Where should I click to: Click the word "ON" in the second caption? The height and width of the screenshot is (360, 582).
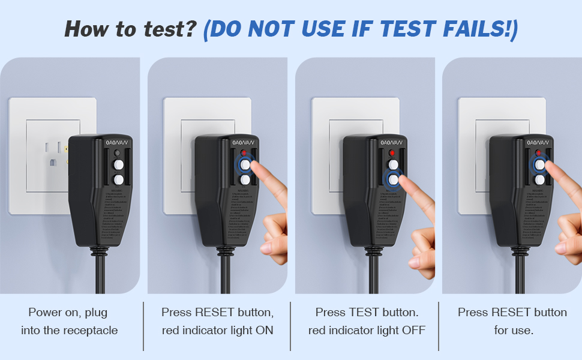pos(266,331)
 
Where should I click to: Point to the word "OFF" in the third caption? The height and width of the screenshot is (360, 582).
pos(413,331)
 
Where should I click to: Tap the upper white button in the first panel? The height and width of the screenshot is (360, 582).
pos(119,164)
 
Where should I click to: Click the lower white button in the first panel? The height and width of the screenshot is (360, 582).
pos(119,179)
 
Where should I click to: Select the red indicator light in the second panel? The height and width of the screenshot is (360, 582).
pos(245,154)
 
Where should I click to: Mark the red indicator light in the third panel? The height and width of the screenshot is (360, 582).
pos(393,154)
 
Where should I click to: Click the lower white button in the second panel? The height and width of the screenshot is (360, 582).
pos(245,179)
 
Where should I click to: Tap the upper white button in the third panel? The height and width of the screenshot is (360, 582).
pos(393,164)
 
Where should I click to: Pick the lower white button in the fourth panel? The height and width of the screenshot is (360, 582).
pos(540,179)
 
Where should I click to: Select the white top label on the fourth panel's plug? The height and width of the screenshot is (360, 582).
pos(538,143)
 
